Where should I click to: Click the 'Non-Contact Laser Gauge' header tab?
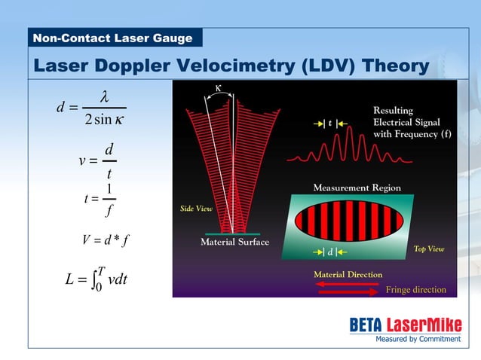[112, 38]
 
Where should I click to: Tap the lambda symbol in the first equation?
[105, 96]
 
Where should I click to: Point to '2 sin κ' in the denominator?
[105, 121]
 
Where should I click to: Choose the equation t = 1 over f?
[100, 199]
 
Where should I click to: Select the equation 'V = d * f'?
[106, 240]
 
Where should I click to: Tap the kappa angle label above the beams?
[219, 87]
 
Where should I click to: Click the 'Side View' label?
[195, 208]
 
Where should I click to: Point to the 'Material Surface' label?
[234, 243]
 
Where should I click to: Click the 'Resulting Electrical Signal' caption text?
[407, 122]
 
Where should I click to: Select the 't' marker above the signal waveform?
[330, 122]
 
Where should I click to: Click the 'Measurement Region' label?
[357, 188]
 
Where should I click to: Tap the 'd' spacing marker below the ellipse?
[329, 251]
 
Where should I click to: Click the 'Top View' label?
[429, 249]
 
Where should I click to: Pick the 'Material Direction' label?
[348, 275]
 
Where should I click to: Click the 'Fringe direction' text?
[416, 290]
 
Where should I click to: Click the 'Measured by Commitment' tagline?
[418, 339]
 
